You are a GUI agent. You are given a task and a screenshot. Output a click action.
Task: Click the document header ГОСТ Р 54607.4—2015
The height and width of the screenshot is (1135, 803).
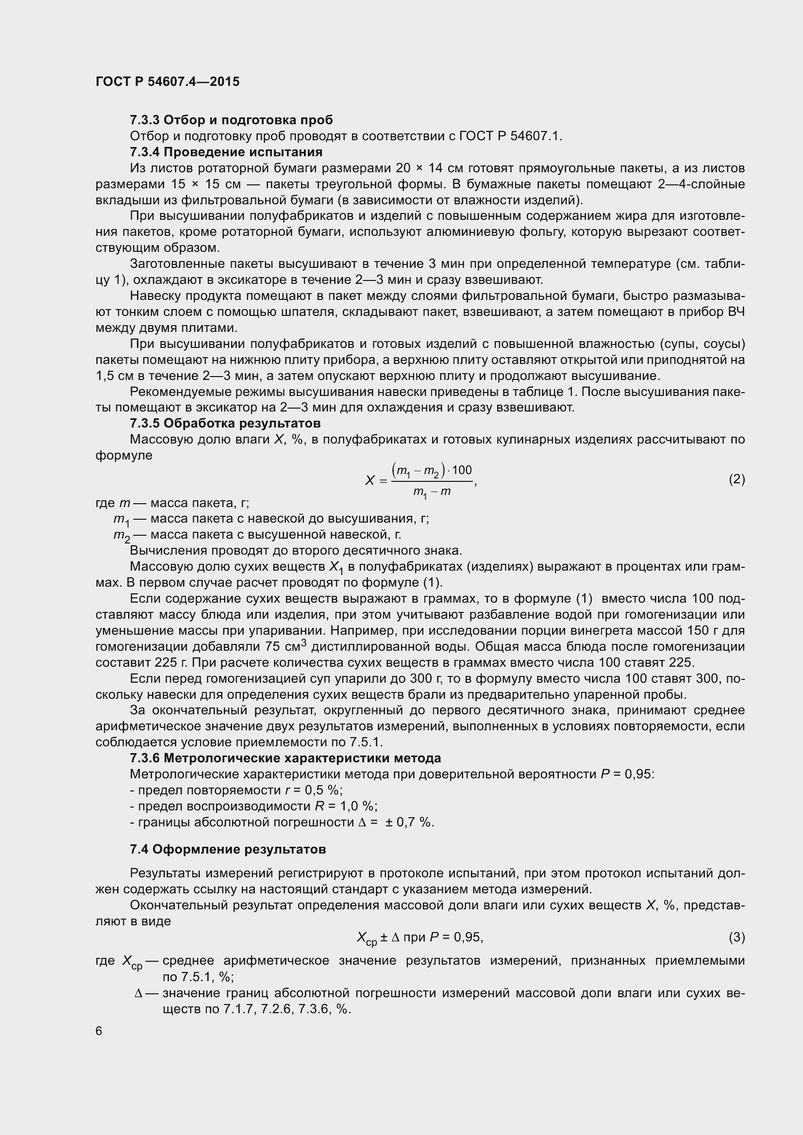pos(167,82)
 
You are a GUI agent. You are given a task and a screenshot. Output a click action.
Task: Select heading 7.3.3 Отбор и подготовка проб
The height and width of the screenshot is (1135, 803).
pos(231,120)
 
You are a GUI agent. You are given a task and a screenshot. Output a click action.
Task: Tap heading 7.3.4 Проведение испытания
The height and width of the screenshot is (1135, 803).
pos(226,152)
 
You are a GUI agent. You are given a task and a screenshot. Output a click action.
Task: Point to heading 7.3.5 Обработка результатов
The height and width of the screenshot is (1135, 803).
pos(225,423)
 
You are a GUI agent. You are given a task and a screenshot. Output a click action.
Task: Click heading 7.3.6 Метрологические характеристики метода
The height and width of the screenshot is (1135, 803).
pos(285,758)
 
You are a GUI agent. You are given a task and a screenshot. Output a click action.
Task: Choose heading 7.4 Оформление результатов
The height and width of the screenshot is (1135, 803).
pos(227,849)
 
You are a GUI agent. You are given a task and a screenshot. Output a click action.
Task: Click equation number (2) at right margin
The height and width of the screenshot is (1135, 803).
pos(736,479)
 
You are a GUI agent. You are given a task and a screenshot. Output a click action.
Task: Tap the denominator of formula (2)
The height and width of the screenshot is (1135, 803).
pos(432,493)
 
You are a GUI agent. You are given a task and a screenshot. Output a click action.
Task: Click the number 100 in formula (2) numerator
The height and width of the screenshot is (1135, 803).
pos(462,470)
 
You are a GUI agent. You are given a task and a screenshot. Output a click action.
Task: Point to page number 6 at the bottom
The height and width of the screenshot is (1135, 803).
pos(99,1031)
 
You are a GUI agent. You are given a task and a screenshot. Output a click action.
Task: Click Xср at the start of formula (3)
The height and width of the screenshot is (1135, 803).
pos(367,938)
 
